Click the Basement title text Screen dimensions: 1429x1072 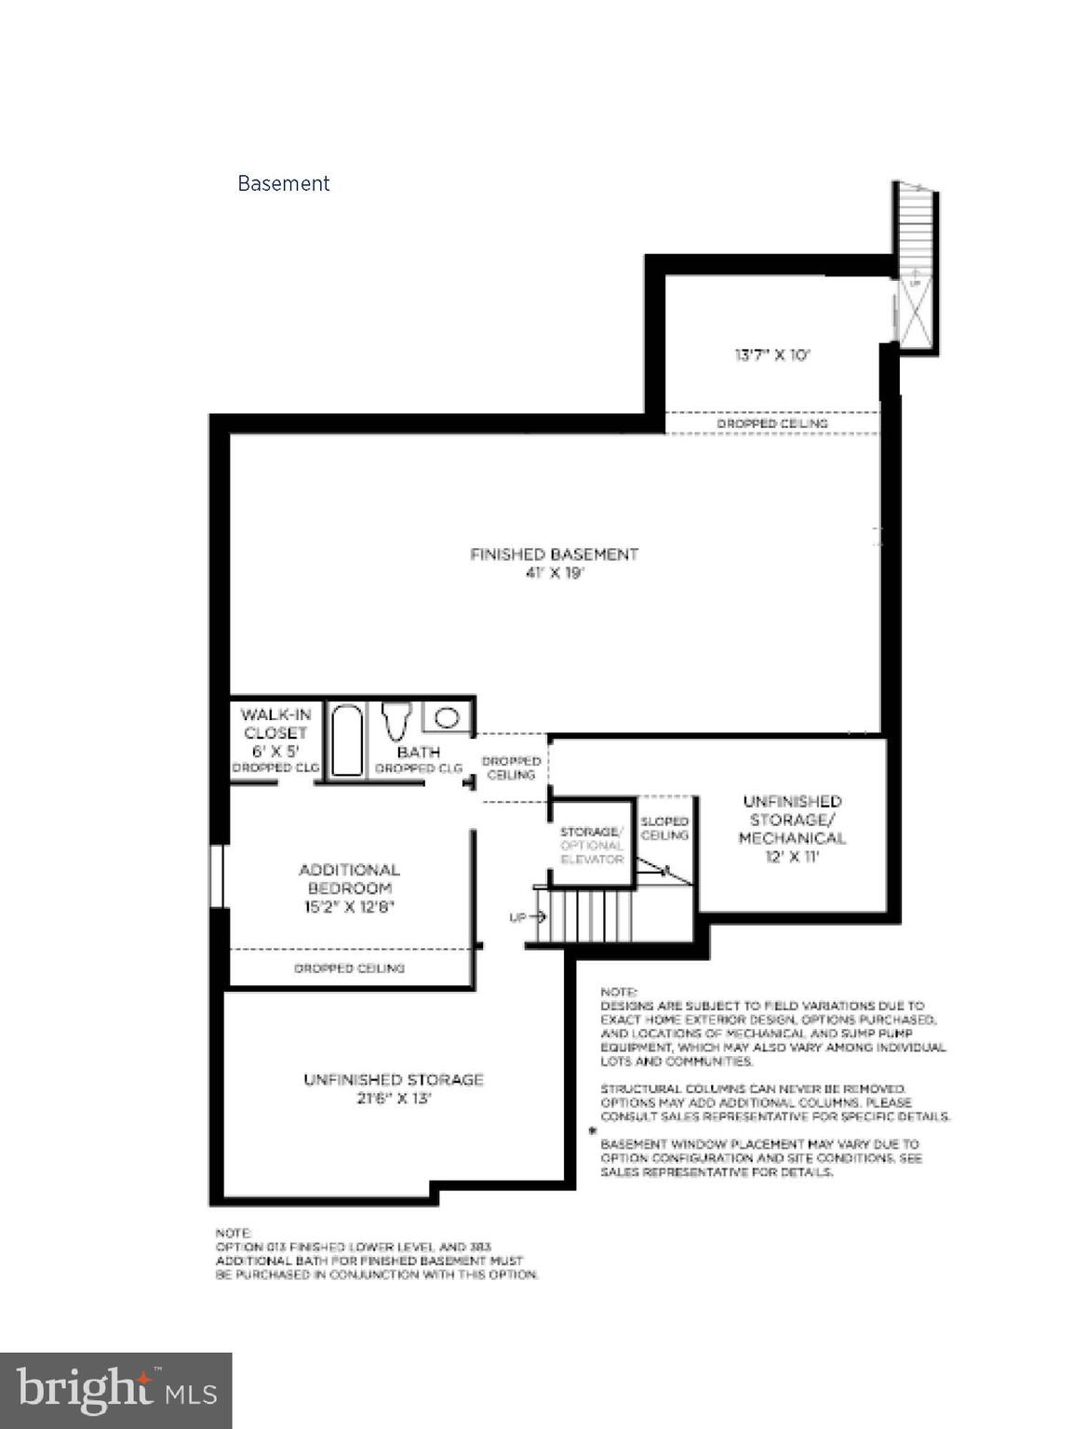point(283,183)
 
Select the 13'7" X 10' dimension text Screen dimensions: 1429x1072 point(772,354)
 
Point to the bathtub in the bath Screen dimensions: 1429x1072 point(346,741)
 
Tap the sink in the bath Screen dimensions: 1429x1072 point(448,717)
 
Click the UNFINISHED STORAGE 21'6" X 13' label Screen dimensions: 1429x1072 point(393,1088)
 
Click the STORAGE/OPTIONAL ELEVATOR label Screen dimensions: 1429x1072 point(591,845)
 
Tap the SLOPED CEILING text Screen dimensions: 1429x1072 point(664,828)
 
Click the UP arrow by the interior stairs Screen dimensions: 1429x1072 point(527,917)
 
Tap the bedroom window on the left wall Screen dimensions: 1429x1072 point(218,875)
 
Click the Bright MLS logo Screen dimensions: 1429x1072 point(115,1390)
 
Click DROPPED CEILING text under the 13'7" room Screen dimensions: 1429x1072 point(771,423)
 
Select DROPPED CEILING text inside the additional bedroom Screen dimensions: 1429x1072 point(349,968)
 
